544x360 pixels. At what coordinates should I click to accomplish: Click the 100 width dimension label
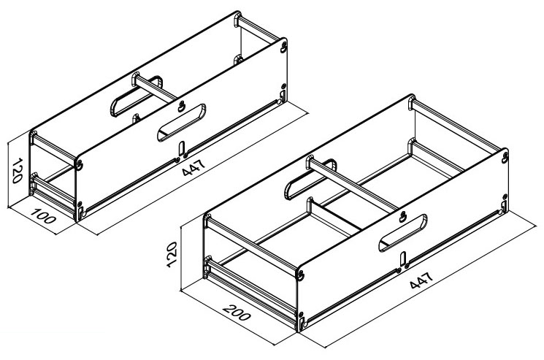pyautogui.click(x=43, y=215)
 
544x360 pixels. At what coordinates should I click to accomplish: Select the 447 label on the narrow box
pyautogui.click(x=194, y=167)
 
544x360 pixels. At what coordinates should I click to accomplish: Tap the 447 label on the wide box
pyautogui.click(x=421, y=280)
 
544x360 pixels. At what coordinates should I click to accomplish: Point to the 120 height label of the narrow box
pyautogui.click(x=17, y=170)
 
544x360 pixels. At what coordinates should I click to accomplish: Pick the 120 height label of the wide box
pyautogui.click(x=172, y=254)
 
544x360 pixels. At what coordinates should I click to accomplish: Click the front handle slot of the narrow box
pyautogui.click(x=181, y=123)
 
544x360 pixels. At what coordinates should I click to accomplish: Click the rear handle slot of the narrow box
pyautogui.click(x=136, y=96)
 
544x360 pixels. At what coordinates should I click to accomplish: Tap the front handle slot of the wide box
pyautogui.click(x=402, y=233)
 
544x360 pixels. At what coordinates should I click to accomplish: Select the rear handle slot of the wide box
pyautogui.click(x=310, y=180)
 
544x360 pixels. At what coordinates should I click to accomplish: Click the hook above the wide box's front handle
pyautogui.click(x=402, y=216)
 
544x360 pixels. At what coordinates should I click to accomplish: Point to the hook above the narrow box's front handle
pyautogui.click(x=181, y=106)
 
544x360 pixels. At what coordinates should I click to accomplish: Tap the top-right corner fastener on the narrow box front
pyautogui.click(x=284, y=47)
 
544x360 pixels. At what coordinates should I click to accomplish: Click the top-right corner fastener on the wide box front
pyautogui.click(x=505, y=157)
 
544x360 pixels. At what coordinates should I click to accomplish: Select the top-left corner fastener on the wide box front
pyautogui.click(x=300, y=275)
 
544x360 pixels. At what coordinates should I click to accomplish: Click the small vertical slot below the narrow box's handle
pyautogui.click(x=182, y=148)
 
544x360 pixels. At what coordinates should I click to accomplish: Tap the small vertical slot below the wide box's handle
pyautogui.click(x=403, y=259)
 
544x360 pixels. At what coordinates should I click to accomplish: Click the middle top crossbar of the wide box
pyautogui.click(x=353, y=185)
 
